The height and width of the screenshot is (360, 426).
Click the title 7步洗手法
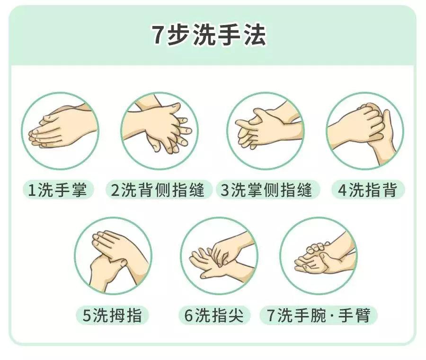208,35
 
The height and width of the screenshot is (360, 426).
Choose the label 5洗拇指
112,316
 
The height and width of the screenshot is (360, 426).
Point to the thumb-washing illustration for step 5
113,256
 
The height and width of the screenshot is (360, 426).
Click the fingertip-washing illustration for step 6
219,256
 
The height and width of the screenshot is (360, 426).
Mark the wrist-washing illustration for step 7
318,256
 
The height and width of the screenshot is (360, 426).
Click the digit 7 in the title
158,35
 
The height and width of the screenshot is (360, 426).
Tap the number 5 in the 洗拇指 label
87,316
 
